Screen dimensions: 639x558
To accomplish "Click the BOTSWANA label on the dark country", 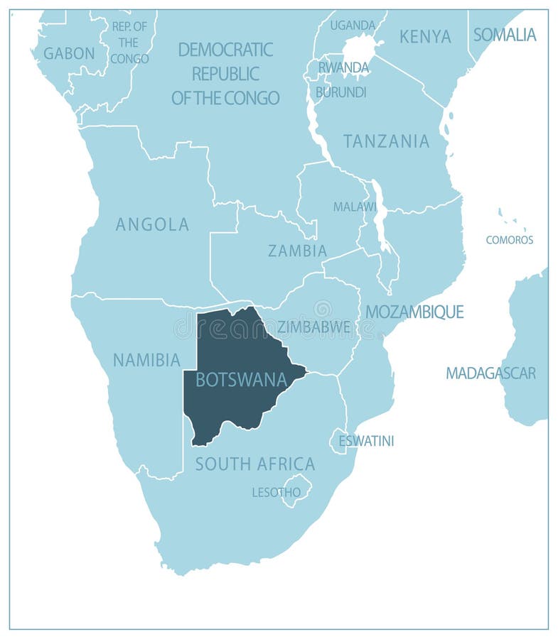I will (241, 380).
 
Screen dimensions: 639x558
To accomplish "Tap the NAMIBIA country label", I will (146, 360).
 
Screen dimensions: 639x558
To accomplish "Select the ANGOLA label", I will (152, 224).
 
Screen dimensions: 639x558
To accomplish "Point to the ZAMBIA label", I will (297, 251).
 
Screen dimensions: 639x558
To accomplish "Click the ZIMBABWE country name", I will (313, 327).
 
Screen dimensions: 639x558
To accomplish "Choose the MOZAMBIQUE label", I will (414, 312).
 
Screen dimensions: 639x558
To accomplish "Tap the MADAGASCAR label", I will (490, 373).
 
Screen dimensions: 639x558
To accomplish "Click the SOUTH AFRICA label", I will (254, 464).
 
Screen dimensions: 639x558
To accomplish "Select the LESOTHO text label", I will (276, 492).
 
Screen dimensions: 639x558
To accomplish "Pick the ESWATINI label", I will (365, 441).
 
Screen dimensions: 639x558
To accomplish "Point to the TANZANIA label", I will (386, 141).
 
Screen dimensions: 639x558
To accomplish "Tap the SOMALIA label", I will (505, 34).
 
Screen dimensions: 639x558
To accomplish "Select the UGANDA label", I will (352, 26).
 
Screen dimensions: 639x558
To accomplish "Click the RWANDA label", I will (343, 67).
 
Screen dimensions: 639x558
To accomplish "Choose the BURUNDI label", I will (340, 92).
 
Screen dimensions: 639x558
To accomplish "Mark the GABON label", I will (69, 53).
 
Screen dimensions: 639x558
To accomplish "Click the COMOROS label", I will (509, 240).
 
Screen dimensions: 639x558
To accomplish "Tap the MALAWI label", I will (355, 207).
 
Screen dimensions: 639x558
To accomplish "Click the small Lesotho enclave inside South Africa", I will (297, 491).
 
